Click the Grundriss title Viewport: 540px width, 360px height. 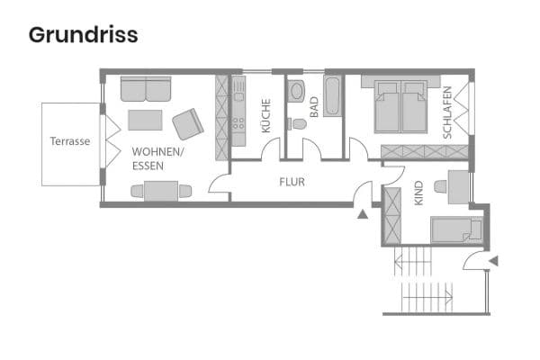pyautogui.click(x=83, y=35)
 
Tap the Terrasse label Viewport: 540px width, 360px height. pyautogui.click(x=69, y=141)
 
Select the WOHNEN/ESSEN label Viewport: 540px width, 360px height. pyautogui.click(x=157, y=159)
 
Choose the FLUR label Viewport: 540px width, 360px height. pyautogui.click(x=292, y=182)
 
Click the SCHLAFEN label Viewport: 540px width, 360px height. pyautogui.click(x=447, y=112)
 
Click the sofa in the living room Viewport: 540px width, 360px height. pyautogui.click(x=145, y=90)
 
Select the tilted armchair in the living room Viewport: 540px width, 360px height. pyautogui.click(x=189, y=123)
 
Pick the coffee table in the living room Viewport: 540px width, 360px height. pyautogui.click(x=145, y=120)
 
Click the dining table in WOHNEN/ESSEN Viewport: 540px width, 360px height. pyautogui.click(x=161, y=190)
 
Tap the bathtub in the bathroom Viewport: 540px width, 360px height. pyautogui.click(x=332, y=98)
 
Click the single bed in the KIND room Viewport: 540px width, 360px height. pyautogui.click(x=456, y=230)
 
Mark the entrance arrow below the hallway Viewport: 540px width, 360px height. pyautogui.click(x=363, y=214)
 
